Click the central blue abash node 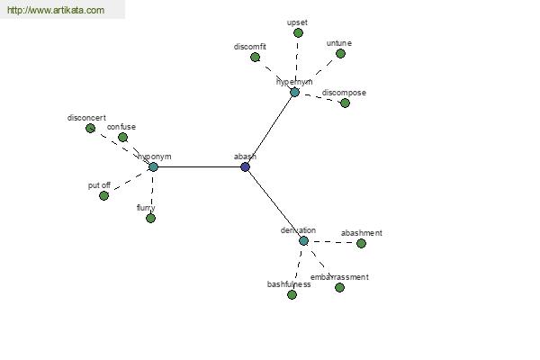coord(245,166)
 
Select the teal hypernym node coord(294,92)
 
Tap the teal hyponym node coord(153,166)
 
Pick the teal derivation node coord(303,240)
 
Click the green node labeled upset coord(298,32)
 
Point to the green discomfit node coord(255,57)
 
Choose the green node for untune coord(340,53)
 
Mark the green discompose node coord(345,103)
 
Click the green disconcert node coord(90,128)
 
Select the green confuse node coord(122,137)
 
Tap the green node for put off coord(103,195)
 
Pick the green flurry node coord(150,218)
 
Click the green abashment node coord(361,243)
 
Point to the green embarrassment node coord(339,287)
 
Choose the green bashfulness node coord(292,294)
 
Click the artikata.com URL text coord(56,11)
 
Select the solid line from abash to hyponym coord(199,166)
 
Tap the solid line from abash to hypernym coord(270,129)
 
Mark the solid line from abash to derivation coord(274,203)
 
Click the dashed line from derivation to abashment coord(333,242)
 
